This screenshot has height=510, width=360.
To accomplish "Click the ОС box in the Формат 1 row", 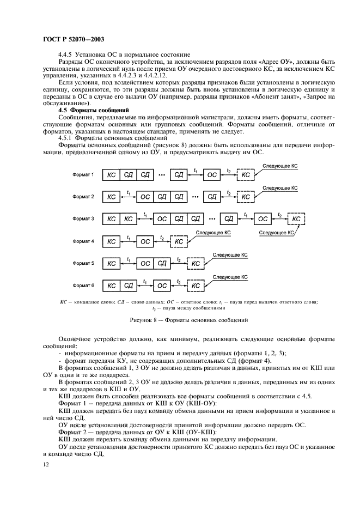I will [212, 174].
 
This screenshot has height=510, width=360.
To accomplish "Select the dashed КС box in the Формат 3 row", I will [296, 219].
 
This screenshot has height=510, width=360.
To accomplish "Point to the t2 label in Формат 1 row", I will [229, 171].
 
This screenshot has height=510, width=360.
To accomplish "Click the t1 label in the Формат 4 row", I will [129, 237].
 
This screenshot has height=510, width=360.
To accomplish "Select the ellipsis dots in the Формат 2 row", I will [195, 197].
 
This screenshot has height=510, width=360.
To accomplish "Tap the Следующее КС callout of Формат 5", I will [230, 254].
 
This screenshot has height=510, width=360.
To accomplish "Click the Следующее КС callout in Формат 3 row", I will [276, 232].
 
